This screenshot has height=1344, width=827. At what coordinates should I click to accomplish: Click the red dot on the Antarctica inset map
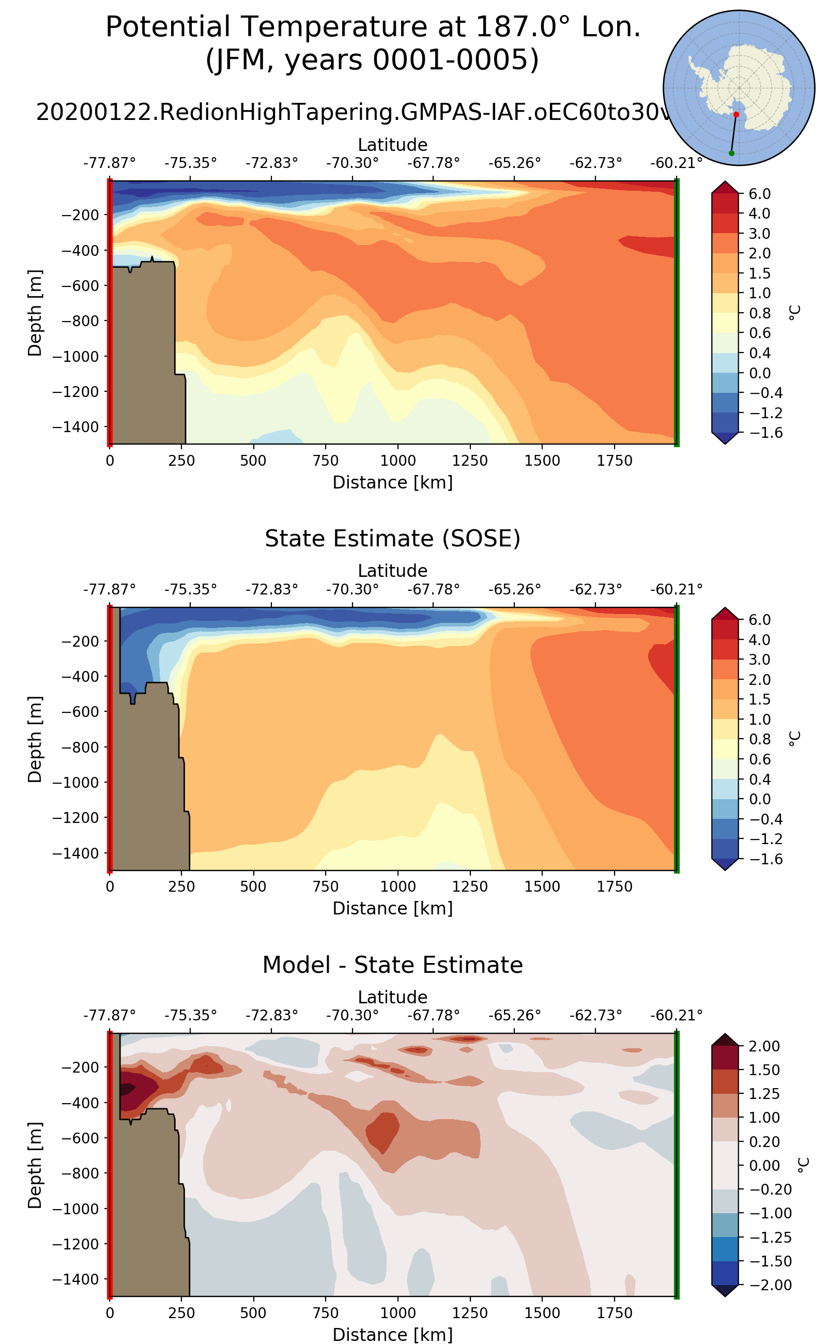pos(736,114)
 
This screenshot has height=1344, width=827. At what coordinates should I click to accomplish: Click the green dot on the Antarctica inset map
pos(731,153)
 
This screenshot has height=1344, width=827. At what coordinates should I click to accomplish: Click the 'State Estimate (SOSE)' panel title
pos(392,539)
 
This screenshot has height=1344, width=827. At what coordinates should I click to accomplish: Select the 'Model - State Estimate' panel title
pos(392,965)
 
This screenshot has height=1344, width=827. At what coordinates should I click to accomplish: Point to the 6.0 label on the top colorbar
pos(759,194)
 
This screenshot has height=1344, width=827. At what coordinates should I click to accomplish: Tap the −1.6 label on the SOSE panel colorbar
pos(759,859)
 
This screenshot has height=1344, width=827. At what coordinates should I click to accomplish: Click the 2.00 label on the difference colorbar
pos(763,1046)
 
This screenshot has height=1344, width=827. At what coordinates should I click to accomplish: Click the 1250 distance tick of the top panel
pos(469,461)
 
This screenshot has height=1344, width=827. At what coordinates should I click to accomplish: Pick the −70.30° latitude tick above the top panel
pos(352,163)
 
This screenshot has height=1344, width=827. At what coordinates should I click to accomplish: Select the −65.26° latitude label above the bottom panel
pos(514,1015)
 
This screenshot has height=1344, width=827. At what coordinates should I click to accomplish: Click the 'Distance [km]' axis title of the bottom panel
pos(392,1334)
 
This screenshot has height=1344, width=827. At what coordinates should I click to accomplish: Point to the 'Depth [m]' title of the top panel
pos(35,312)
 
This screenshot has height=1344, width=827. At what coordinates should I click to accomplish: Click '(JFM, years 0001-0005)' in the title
pos(372,60)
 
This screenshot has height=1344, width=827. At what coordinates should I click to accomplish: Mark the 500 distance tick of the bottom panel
pos(253,1313)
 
